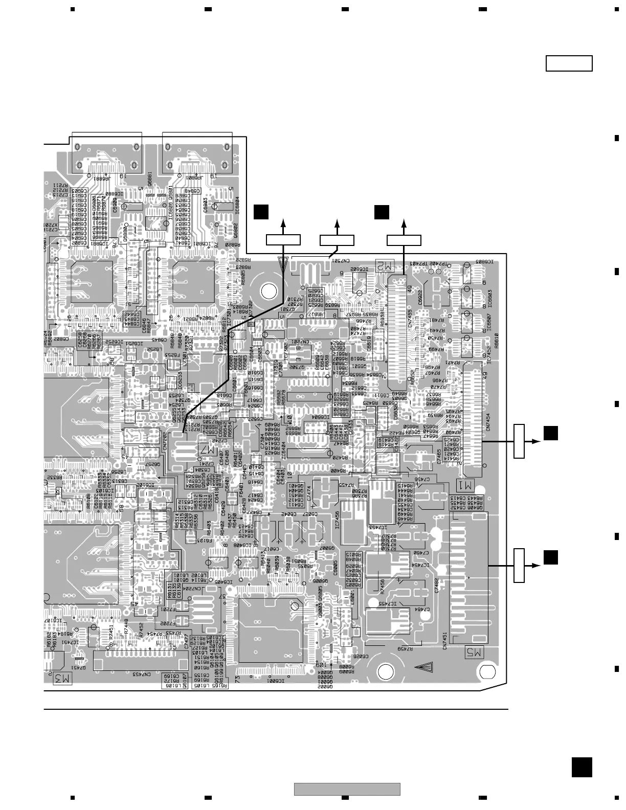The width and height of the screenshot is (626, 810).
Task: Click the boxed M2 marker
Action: (386, 265)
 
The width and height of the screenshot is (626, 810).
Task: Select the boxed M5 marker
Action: (473, 652)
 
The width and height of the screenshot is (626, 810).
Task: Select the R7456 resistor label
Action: (383, 586)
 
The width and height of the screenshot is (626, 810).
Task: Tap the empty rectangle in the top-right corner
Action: (569, 64)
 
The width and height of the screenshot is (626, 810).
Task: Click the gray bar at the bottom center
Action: (347, 789)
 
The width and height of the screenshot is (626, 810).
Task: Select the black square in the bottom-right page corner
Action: (582, 768)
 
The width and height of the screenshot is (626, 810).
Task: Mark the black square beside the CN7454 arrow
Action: (550, 433)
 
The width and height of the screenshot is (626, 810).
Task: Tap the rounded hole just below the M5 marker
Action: (488, 671)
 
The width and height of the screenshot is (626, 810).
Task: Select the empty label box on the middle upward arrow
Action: (337, 240)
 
